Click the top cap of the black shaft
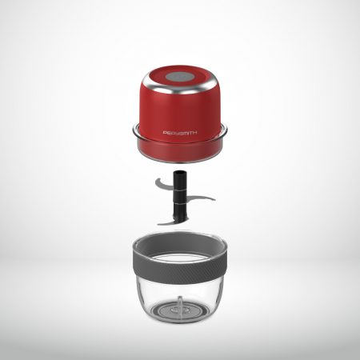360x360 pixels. click(x=180, y=174)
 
